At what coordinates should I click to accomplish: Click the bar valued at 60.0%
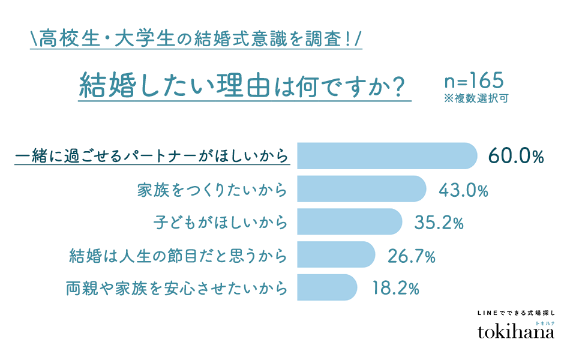[x=387, y=155]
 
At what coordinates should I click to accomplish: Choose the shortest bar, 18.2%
[x=328, y=288]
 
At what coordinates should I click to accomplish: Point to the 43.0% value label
[x=464, y=190]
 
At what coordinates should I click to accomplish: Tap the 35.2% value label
[x=439, y=223]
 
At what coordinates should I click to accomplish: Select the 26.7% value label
[x=411, y=256]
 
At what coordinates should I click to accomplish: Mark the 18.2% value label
[x=394, y=289]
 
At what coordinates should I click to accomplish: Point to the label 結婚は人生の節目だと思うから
[x=176, y=256]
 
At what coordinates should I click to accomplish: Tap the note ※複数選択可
[x=476, y=98]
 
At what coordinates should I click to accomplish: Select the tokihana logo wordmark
[x=515, y=332]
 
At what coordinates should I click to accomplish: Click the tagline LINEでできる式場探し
[x=515, y=313]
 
